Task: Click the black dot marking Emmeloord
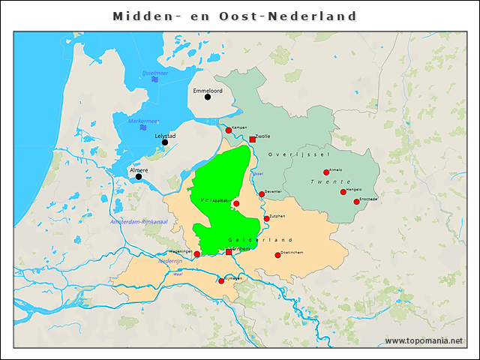coord(208,97)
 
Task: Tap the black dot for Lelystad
coord(165,142)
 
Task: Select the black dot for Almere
coord(139,176)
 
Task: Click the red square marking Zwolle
coord(253,139)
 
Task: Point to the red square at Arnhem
coord(229,252)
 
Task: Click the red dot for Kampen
coord(229,130)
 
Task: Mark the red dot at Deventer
coord(262,194)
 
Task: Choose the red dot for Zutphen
coord(267,219)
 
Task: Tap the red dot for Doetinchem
coord(277,256)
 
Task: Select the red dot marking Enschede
coord(356,202)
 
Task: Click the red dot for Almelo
coord(326,172)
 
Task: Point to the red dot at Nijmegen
coord(220,280)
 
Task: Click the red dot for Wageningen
coord(197,254)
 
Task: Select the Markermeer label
coord(143,121)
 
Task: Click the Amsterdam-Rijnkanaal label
coord(137,222)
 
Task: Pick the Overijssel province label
coord(299,154)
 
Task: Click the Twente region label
coord(331,182)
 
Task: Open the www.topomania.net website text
coord(424,341)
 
